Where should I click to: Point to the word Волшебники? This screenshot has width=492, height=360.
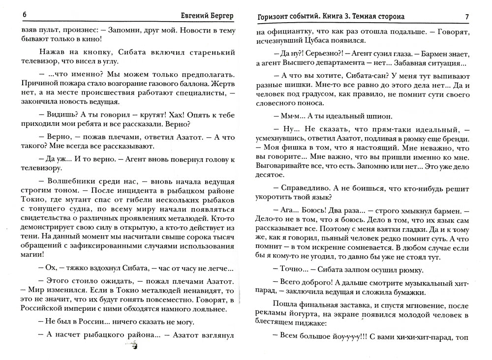(x=72, y=180)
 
